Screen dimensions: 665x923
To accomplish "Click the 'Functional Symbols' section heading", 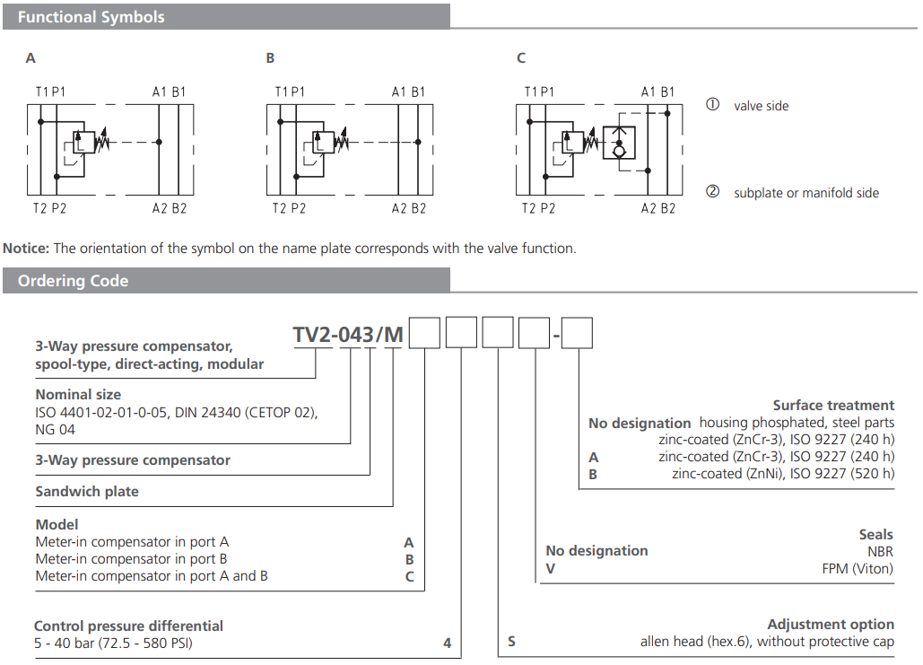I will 91,17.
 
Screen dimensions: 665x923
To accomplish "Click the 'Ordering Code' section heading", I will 73,281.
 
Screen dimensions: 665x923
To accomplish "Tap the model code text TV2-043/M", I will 348,334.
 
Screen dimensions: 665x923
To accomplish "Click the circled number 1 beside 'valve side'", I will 712,104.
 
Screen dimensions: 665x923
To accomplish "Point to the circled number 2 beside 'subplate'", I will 712,191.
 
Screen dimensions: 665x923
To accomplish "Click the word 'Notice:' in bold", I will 27,249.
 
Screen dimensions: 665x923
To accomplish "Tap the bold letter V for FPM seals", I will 551,568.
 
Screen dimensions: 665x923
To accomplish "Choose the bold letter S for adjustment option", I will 511,642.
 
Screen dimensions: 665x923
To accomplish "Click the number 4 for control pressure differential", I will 447,643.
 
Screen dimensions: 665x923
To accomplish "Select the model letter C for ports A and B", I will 409,576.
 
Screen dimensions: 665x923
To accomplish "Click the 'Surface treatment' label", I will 833,406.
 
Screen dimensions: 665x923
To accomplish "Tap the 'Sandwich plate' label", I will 87,492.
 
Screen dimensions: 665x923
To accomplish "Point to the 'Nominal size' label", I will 78,394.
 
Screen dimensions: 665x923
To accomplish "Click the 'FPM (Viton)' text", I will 858,568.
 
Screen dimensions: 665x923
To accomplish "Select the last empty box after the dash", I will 578,334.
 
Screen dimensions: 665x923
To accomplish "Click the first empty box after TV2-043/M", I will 425,334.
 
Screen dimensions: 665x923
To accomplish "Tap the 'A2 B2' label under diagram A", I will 170,208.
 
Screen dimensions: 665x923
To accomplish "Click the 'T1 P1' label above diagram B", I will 290,92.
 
